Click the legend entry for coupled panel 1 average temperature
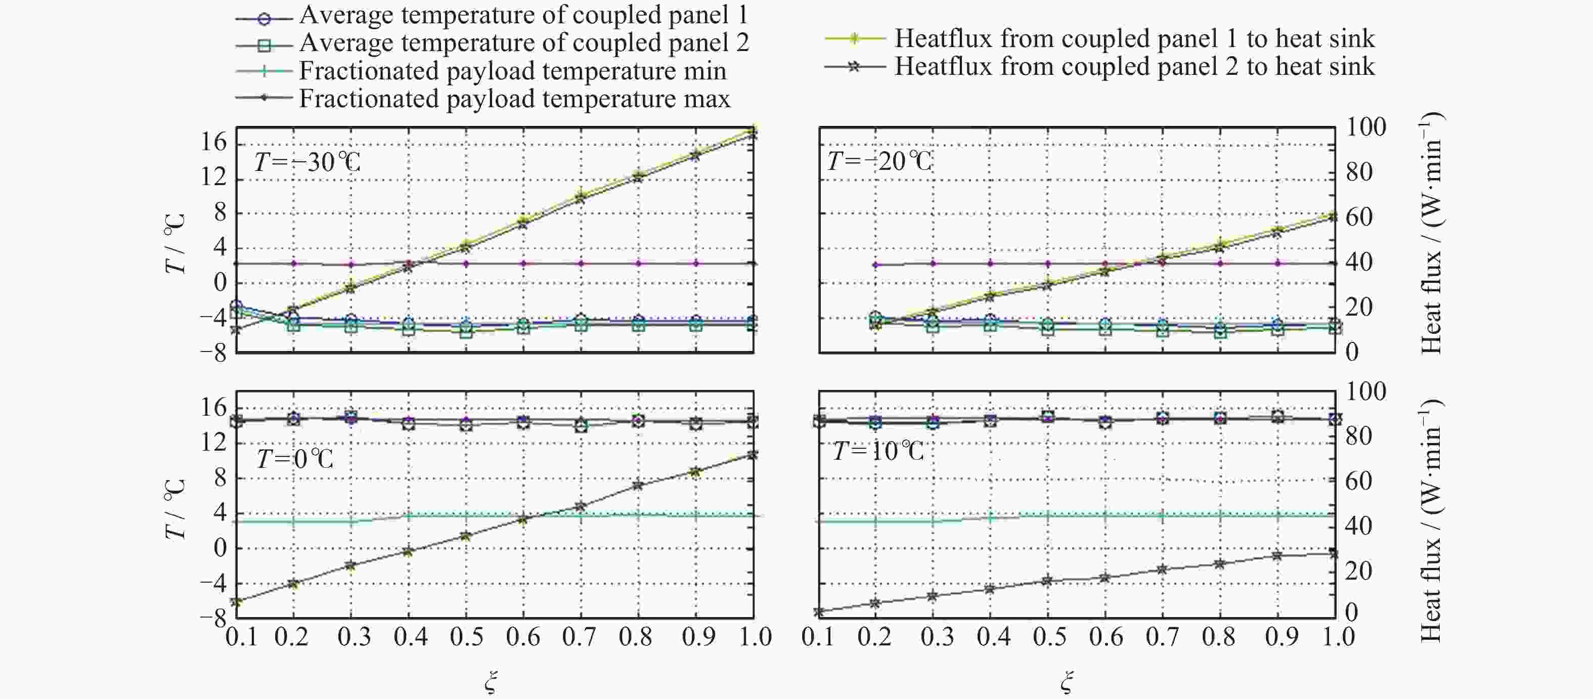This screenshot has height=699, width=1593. pos(522,15)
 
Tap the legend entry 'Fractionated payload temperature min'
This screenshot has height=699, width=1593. pos(512,70)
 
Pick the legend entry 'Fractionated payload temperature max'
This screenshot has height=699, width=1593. pos(514,98)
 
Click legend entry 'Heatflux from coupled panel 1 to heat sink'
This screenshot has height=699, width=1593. pos(1133,38)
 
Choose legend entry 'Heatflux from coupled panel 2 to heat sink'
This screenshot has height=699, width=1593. pos(1133,66)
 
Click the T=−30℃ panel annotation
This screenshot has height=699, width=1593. pos(307,162)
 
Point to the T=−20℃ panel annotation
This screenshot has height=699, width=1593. pos(879,161)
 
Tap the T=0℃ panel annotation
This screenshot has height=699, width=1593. pos(295,459)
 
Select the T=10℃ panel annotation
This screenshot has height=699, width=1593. pos(878,451)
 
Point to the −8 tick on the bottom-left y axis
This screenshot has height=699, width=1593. pos(213,618)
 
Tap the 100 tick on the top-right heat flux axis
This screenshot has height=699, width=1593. pos(1366,127)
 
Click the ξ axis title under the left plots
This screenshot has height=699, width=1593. pos(491,682)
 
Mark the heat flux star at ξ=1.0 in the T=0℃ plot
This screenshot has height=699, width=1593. pos(753,455)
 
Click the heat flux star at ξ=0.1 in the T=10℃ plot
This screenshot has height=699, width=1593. pos(819,612)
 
